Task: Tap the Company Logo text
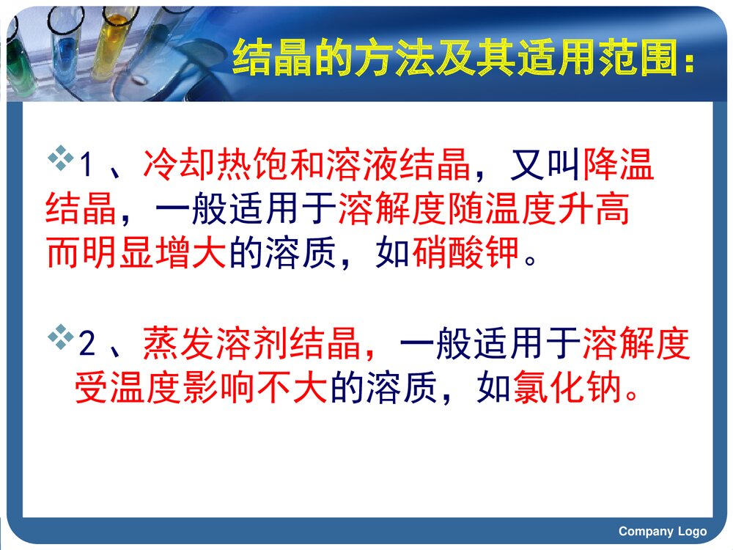tap(662, 532)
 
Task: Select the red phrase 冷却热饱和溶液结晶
tap(306, 166)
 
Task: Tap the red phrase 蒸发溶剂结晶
tap(252, 345)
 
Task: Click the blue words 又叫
tap(545, 166)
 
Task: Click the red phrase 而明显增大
tap(137, 253)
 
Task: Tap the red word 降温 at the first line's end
tap(618, 166)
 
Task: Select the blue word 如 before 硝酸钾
tap(393, 253)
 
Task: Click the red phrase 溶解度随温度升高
tap(484, 210)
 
